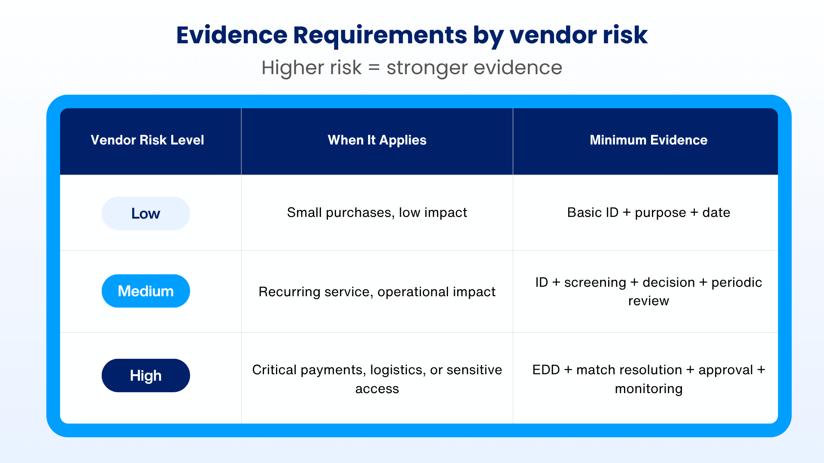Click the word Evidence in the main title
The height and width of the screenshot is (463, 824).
[232, 35]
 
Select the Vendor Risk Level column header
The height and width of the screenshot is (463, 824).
[147, 140]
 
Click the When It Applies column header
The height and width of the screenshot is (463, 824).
[377, 140]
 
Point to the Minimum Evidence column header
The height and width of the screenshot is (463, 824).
[648, 140]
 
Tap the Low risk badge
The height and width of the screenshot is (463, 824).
[145, 213]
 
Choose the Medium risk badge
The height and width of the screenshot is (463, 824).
[145, 291]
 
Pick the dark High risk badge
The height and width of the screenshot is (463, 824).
[145, 376]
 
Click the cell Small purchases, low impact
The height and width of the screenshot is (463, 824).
[377, 213]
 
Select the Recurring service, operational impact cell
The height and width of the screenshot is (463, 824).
[377, 292]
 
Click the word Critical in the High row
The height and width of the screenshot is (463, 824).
[274, 370]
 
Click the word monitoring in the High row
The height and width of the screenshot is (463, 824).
[648, 389]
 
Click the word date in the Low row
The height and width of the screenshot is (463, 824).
[716, 212]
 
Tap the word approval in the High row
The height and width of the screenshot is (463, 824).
[726, 370]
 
